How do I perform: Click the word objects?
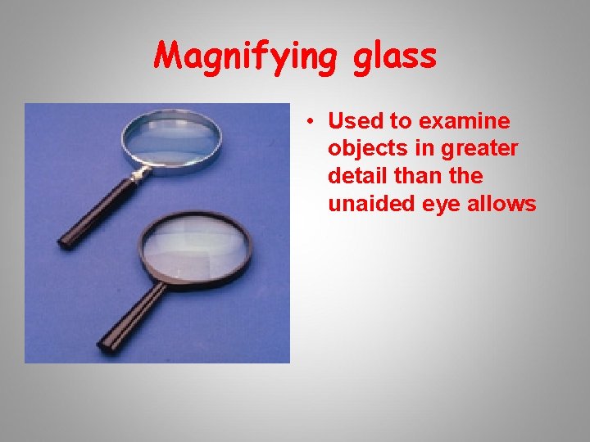362,149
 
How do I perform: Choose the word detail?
356,176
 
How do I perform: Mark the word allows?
505,204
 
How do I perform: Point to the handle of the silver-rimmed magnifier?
90,214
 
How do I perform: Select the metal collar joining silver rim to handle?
137,174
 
